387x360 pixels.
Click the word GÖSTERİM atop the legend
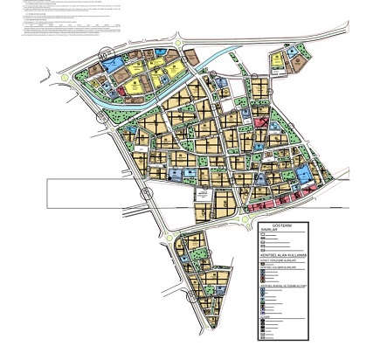point(281,225)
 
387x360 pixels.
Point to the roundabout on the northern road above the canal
point(178,40)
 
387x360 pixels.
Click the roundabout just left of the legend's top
point(241,225)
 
